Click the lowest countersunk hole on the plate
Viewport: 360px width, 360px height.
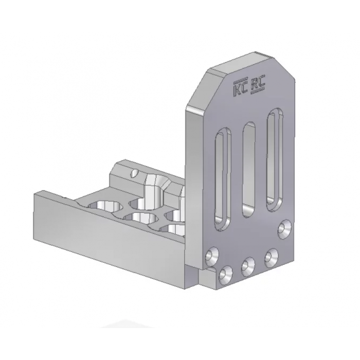tap(224, 275)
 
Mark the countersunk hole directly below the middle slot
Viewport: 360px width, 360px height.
tap(248, 265)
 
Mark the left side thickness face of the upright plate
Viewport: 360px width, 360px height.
tap(193, 180)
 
